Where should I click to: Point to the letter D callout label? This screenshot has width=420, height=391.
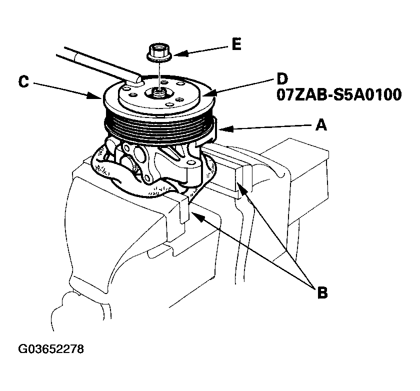click(282, 80)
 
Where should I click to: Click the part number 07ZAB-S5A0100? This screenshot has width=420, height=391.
click(338, 95)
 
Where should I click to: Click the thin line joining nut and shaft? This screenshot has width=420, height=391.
click(159, 72)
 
